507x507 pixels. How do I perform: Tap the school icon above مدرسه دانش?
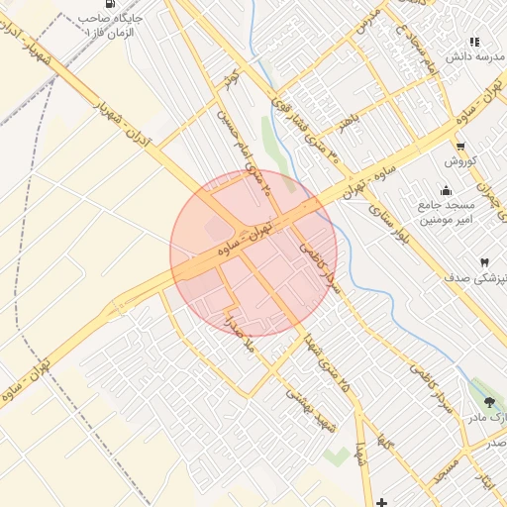point(474,42)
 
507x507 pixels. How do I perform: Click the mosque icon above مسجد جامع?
point(447,190)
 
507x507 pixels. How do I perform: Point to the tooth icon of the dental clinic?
point(484,262)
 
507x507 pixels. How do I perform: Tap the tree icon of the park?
point(491,402)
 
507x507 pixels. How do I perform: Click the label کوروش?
point(461,161)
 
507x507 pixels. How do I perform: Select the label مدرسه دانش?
point(469,57)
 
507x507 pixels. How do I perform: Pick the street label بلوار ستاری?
point(389,226)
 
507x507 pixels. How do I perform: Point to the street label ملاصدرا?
point(241,335)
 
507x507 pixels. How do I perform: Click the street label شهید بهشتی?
point(312,407)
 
